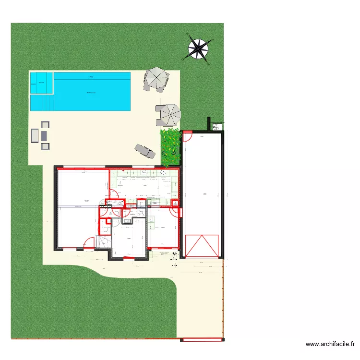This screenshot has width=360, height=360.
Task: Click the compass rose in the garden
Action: tap(198, 48)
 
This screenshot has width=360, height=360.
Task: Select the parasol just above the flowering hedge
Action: tap(169, 114)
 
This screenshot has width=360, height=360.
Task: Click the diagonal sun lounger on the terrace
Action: tap(145, 151)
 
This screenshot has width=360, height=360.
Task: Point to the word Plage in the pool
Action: tap(91, 76)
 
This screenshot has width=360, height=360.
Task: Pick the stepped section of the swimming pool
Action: tap(42, 103)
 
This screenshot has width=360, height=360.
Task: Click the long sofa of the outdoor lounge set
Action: tap(35, 136)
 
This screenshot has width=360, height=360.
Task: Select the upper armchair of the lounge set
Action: tap(45, 125)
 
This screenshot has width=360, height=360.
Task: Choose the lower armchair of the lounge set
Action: tap(45, 146)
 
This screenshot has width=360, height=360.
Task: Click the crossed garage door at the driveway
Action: tap(202, 246)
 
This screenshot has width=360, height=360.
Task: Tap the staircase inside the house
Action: tap(104, 242)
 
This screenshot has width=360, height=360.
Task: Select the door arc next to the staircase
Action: tap(89, 243)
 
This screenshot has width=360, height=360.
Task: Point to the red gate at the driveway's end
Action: tap(202, 339)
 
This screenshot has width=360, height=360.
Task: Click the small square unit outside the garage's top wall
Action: tap(217, 127)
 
